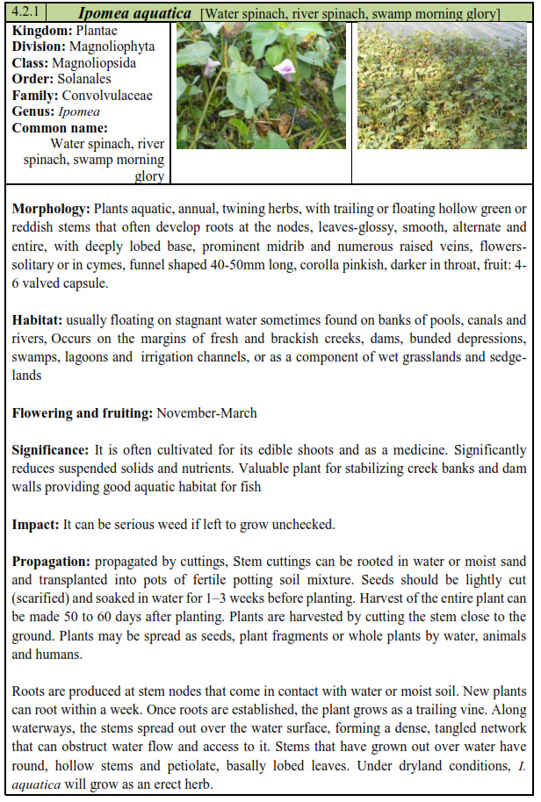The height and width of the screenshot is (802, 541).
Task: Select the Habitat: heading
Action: [x=38, y=320]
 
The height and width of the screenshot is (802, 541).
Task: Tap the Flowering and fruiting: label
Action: [x=83, y=412]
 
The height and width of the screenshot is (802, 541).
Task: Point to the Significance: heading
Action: [x=50, y=449]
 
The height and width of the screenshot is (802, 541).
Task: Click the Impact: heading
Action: [x=35, y=524]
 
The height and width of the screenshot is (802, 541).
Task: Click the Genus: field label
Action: [x=33, y=111]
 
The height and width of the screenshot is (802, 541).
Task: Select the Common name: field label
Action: [x=61, y=128]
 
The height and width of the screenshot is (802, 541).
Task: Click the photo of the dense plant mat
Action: [x=442, y=85]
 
